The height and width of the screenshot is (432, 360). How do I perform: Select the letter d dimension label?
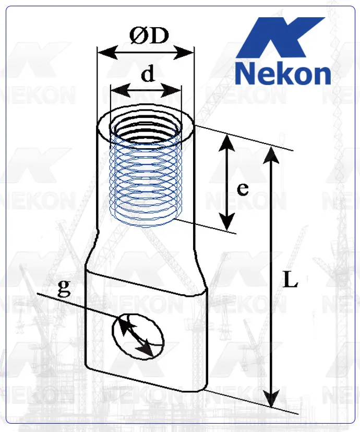pos(148,75)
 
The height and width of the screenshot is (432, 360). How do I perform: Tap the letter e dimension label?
pos(242,189)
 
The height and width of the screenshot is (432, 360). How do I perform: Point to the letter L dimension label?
pos(290,281)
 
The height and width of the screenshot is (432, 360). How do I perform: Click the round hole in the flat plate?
pos(138,337)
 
